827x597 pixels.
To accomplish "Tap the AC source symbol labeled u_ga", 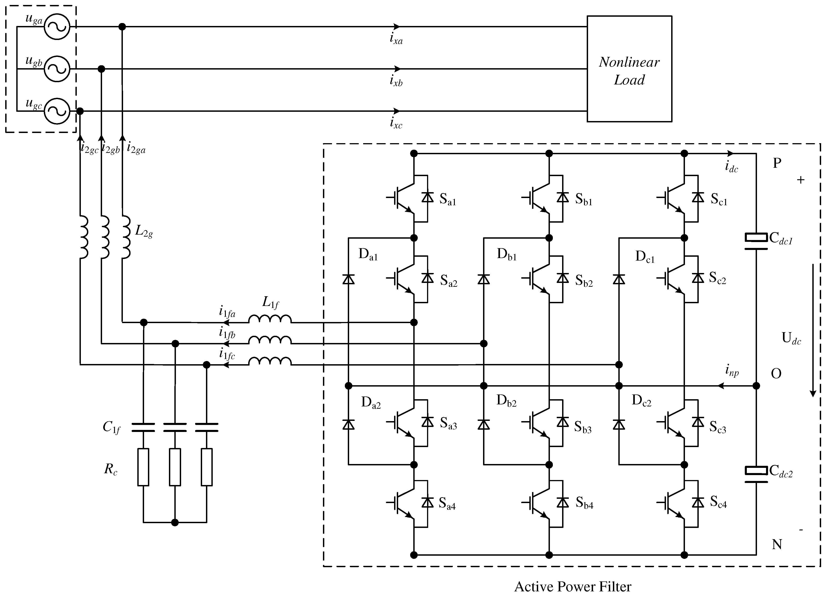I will click(x=57, y=27).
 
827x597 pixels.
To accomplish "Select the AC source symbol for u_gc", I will click(x=57, y=111).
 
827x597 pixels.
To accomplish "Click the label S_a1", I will click(x=448, y=199).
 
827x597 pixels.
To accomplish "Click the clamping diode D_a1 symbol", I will click(x=349, y=279).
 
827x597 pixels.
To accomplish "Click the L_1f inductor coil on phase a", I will click(x=270, y=319).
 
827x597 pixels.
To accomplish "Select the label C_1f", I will click(x=111, y=427).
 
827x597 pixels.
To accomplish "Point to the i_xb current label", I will click(x=396, y=81).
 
